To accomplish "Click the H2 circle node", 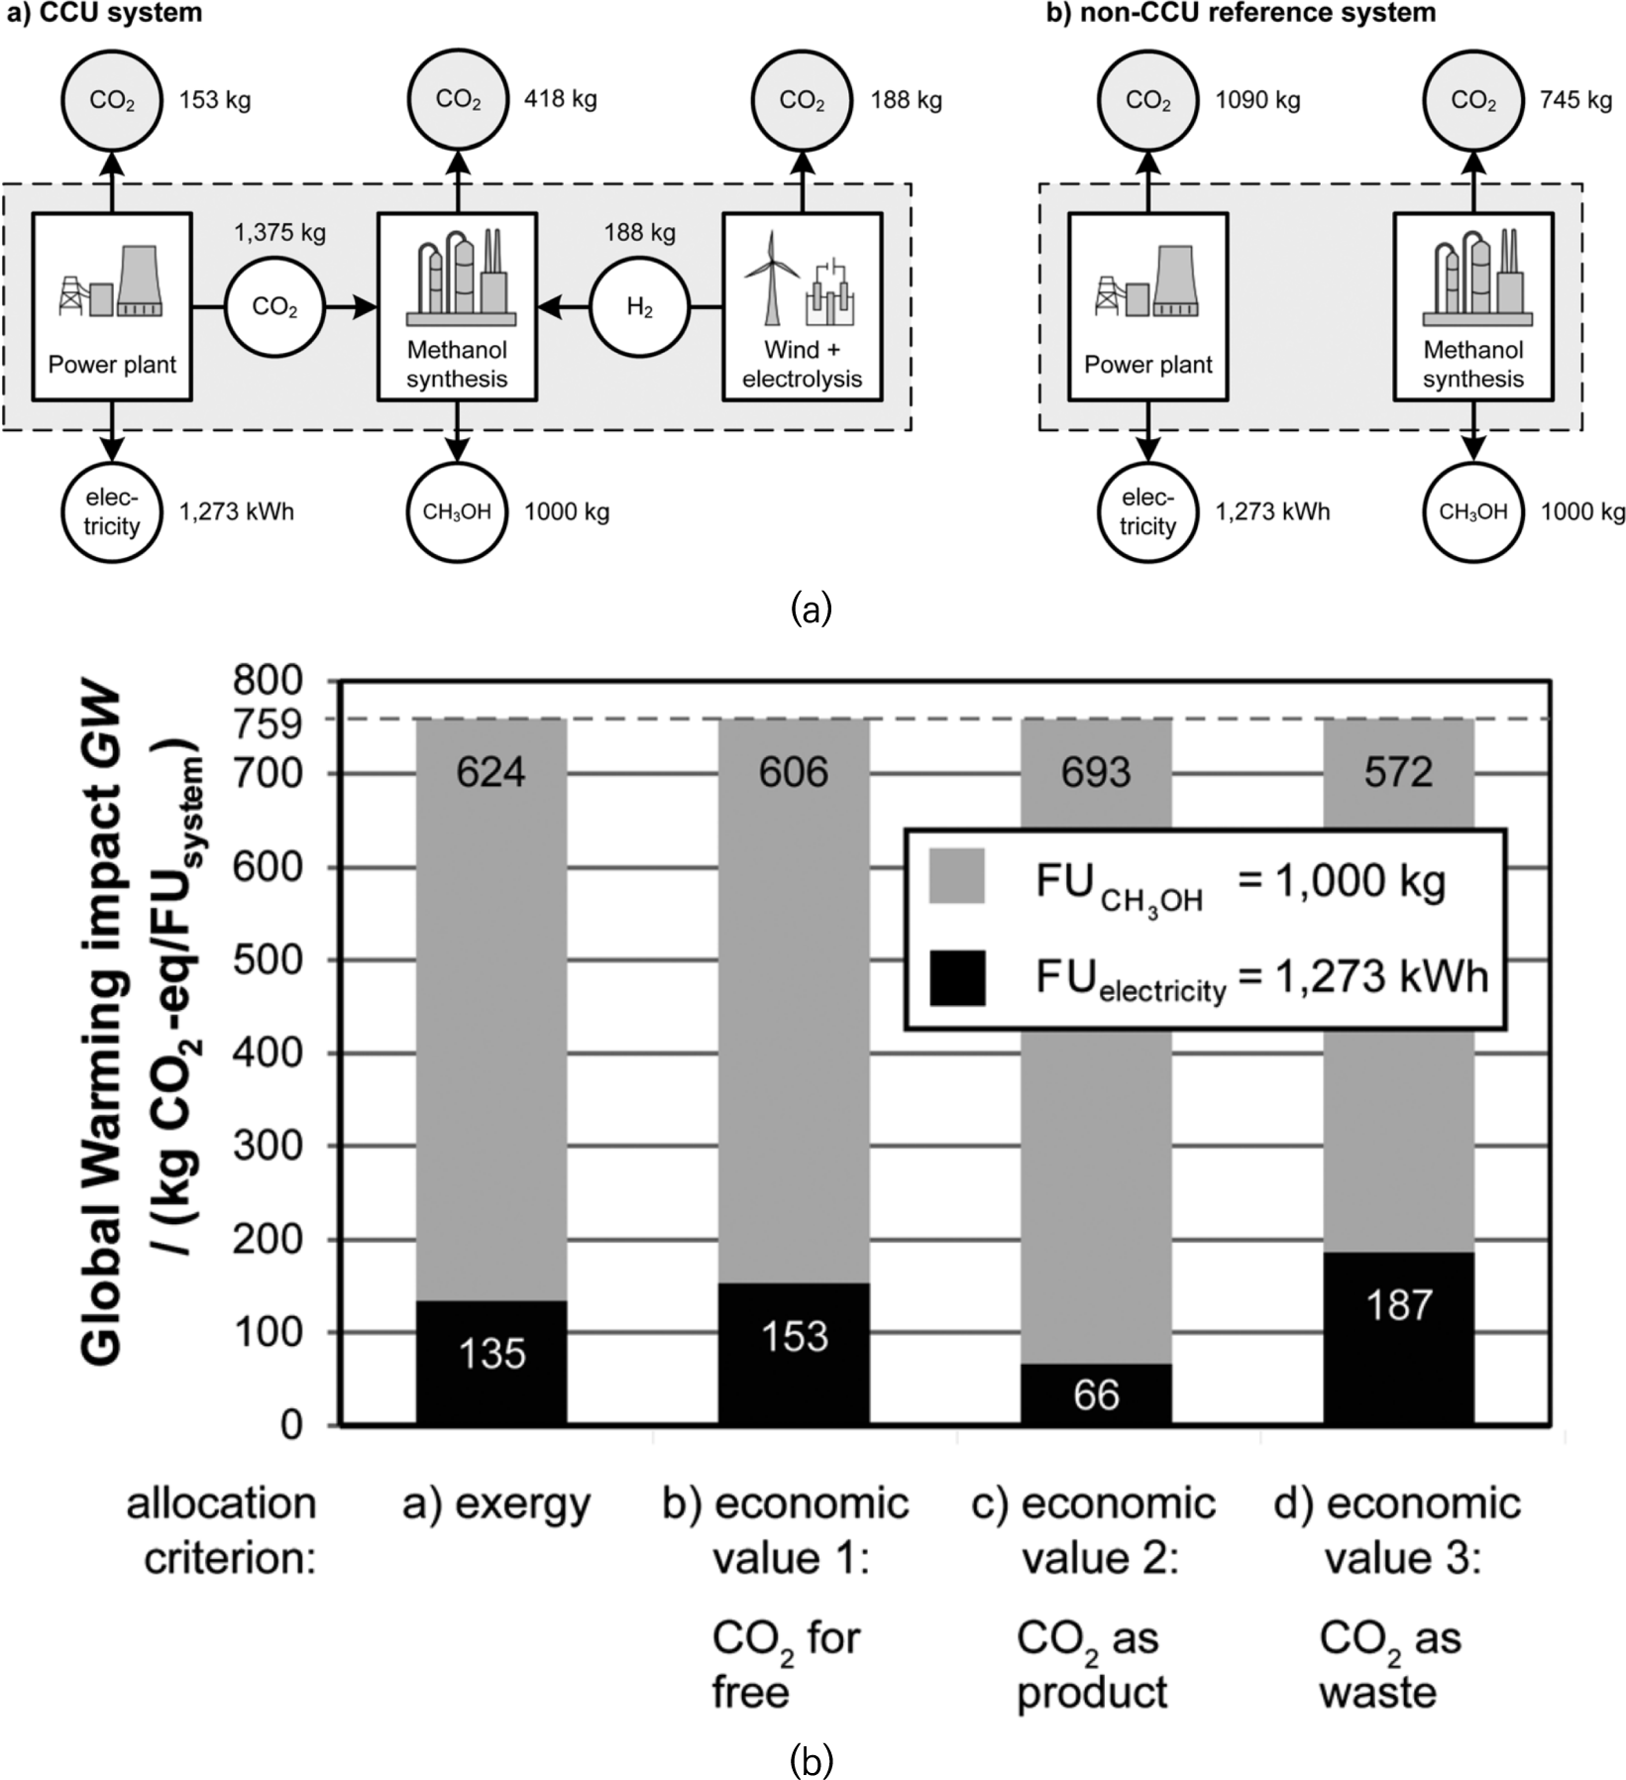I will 640,308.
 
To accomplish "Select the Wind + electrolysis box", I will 802,307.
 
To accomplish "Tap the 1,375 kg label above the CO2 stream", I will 279,233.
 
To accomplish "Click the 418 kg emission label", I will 560,99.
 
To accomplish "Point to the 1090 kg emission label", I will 1257,100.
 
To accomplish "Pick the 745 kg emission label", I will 1575,100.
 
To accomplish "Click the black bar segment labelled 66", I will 1096,1394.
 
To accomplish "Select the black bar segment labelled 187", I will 1398,1338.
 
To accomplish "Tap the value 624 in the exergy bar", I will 490,772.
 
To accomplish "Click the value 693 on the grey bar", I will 1096,772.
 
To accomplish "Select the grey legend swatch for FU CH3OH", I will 956,876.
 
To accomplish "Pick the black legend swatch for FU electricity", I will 956,978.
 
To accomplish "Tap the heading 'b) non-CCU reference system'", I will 1242,13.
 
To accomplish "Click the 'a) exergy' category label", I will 496,1504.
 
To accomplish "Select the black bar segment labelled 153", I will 793,1354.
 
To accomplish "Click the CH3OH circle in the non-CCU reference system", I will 1472,511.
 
